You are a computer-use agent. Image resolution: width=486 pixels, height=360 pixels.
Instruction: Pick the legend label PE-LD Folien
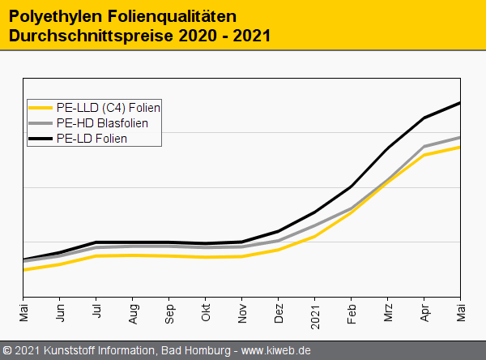click(x=92, y=139)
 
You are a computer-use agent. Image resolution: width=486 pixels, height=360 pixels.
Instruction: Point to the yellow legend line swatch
click(x=41, y=108)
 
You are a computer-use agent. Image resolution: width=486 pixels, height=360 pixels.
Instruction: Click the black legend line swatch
click(x=41, y=139)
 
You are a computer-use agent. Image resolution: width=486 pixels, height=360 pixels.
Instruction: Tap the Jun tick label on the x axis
click(x=60, y=312)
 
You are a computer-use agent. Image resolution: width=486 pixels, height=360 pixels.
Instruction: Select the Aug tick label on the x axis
click(x=133, y=313)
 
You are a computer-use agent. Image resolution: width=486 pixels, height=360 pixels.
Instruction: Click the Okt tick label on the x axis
click(x=206, y=312)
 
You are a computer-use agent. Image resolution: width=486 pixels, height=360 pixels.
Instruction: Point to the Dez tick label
click(x=279, y=313)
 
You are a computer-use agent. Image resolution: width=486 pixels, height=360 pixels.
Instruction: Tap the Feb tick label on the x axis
click(x=352, y=312)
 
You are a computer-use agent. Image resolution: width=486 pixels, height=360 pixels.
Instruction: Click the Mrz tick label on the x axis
click(x=388, y=312)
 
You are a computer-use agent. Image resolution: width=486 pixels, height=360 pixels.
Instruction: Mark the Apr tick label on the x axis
click(x=424, y=312)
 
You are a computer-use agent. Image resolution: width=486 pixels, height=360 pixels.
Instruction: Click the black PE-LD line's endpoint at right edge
click(x=460, y=103)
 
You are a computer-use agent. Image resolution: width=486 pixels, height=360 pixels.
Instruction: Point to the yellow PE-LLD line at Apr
click(x=424, y=154)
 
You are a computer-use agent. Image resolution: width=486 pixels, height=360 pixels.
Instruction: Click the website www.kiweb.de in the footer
click(x=276, y=351)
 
